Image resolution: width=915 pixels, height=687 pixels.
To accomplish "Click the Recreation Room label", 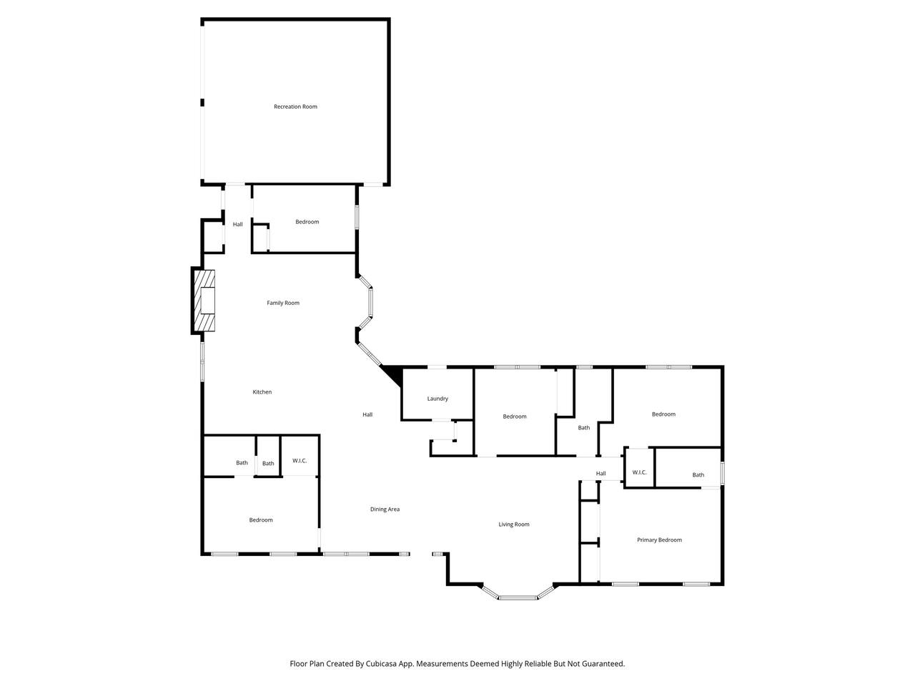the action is (295, 107).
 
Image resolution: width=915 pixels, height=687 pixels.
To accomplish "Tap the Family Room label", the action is (283, 303).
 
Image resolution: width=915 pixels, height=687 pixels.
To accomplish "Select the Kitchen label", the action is (262, 391).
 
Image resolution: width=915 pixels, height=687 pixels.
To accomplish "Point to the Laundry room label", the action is (437, 399).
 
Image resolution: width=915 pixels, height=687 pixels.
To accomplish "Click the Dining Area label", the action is (385, 510).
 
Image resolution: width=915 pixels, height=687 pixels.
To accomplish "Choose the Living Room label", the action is (514, 525).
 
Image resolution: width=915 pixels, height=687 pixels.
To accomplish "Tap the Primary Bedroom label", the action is (660, 540).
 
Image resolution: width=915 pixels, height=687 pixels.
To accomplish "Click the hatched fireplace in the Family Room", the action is (204, 301).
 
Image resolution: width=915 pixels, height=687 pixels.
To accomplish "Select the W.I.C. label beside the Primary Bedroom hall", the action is (640, 472).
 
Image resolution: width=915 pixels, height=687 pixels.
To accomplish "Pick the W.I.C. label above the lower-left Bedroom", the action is (300, 460).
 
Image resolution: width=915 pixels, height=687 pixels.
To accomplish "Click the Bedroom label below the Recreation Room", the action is (307, 222).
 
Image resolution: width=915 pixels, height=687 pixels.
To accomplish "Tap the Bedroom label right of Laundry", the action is (515, 416).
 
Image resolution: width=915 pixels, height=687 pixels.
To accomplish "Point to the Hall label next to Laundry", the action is (367, 414).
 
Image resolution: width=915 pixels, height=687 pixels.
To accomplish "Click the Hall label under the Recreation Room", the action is (237, 225).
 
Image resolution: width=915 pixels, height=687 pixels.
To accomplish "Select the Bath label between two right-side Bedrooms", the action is (583, 427).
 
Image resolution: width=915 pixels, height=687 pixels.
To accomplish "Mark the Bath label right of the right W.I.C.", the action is (698, 474).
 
